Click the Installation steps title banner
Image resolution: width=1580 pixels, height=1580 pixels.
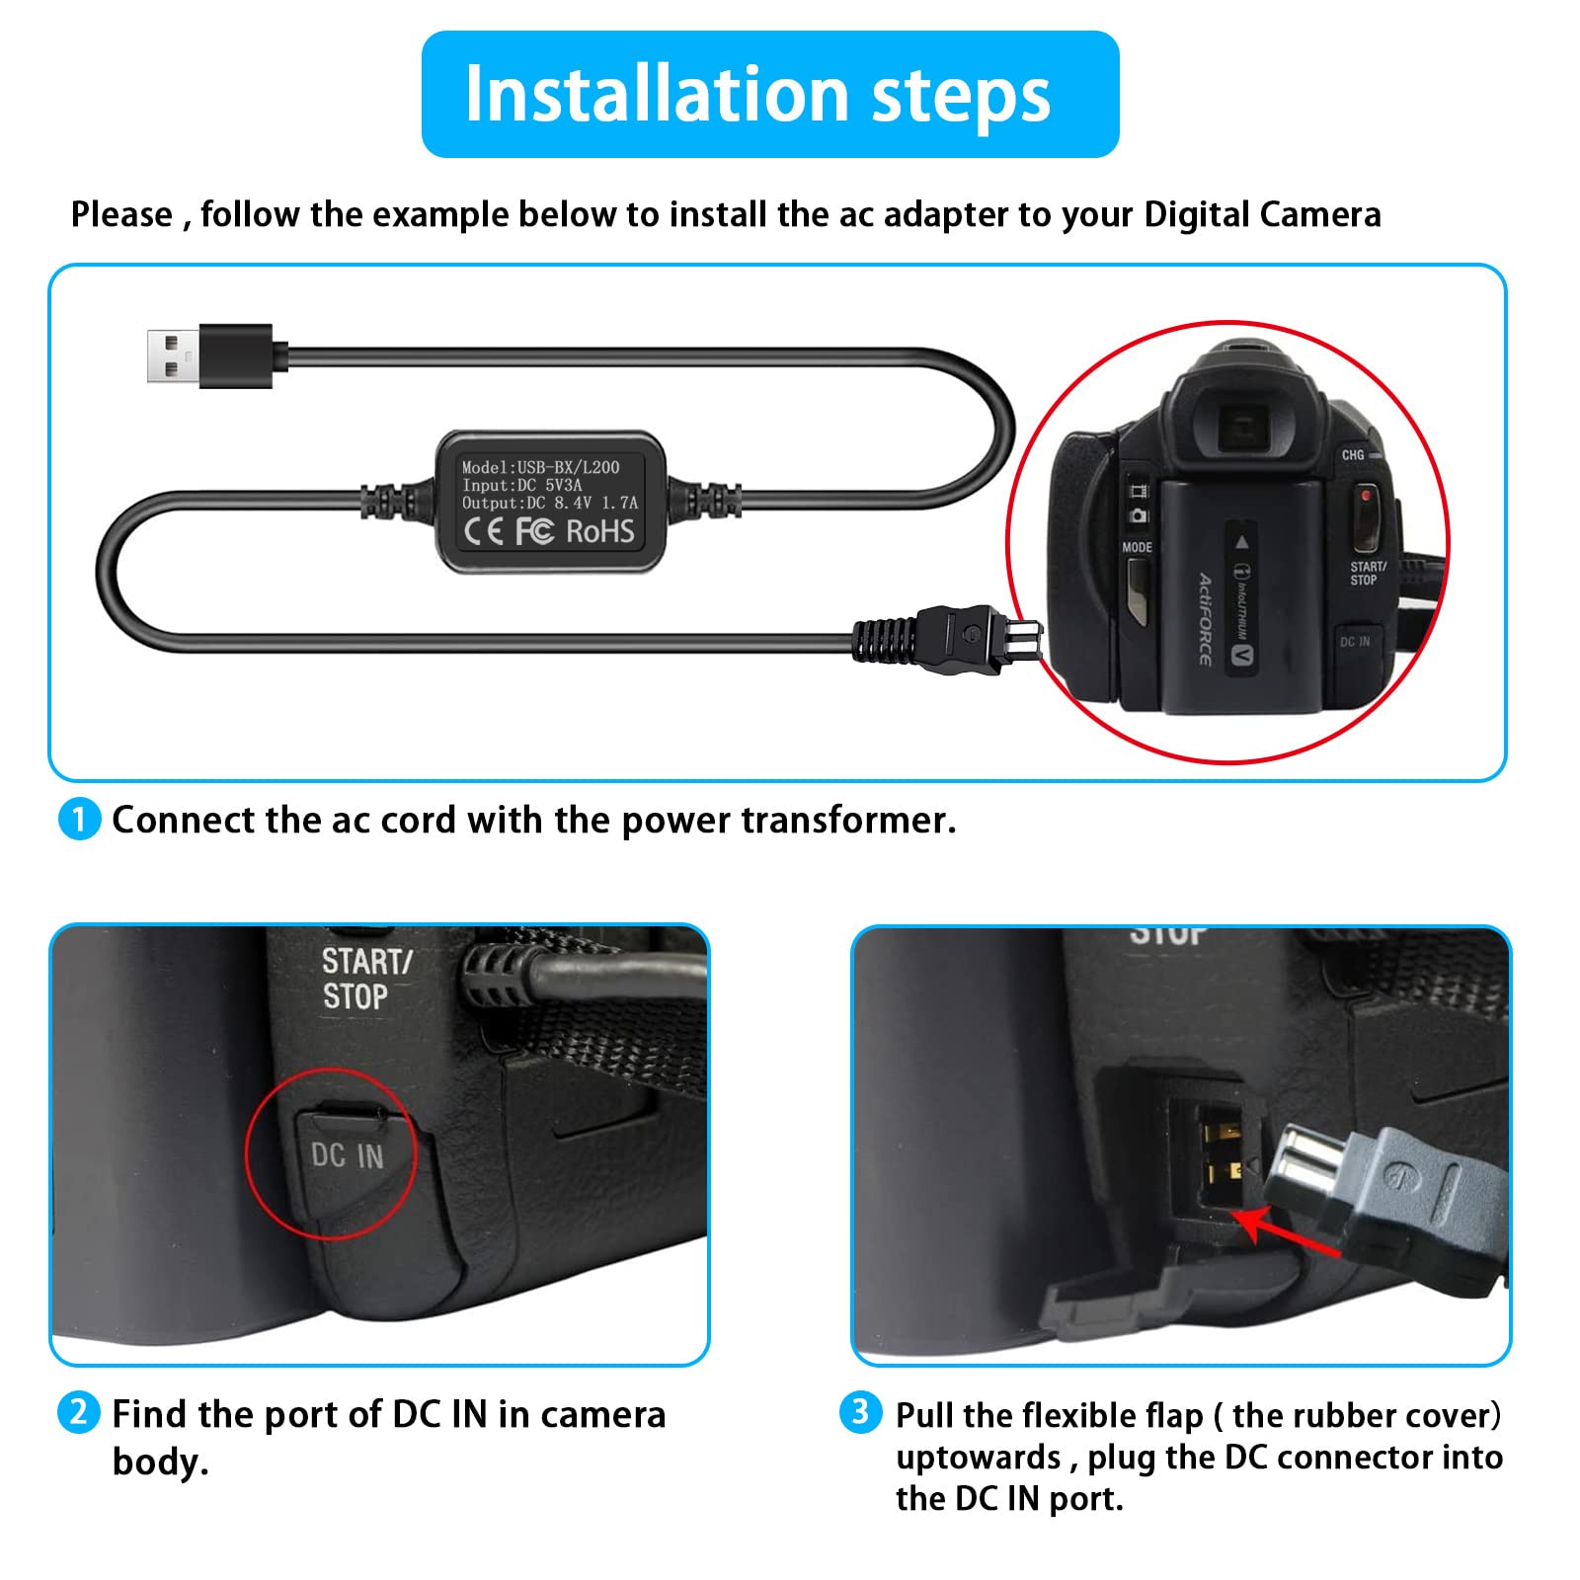769,95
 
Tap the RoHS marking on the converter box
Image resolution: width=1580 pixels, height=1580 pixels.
599,532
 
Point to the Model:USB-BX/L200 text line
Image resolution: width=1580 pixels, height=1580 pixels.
540,467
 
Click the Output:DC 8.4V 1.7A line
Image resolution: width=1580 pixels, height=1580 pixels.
549,503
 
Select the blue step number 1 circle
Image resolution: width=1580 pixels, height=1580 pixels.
79,820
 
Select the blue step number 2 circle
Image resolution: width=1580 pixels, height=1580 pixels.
79,1413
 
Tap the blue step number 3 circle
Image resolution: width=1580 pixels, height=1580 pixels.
860,1412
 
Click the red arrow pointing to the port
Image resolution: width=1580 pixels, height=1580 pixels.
1284,1234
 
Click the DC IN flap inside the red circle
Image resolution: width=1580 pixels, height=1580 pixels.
348,1155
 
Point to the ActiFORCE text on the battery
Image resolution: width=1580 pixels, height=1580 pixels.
1205,618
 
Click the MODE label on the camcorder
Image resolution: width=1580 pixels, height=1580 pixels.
1137,547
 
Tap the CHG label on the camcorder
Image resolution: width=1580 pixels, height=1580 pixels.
1352,455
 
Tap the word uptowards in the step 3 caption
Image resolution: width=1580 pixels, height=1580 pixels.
978,1458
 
